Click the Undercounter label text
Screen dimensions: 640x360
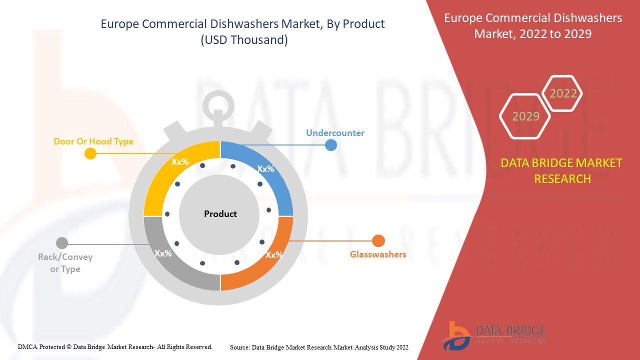pos(335,133)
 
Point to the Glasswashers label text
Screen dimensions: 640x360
pos(378,254)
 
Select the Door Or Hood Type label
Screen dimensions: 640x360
pos(93,141)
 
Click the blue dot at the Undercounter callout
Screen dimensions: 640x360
pos(331,145)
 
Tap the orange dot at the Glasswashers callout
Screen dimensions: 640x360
pos(378,241)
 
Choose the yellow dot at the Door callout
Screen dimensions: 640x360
pos(90,153)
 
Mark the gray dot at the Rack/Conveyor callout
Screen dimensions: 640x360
pos(62,243)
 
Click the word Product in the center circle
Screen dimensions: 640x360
pos(220,214)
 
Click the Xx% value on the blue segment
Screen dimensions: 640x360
pos(265,169)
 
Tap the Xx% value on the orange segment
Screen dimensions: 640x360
pos(274,255)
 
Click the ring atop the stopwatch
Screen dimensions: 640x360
pos(218,94)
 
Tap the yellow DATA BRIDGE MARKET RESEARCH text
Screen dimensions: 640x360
pos(561,171)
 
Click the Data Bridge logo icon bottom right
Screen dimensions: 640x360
pos(456,336)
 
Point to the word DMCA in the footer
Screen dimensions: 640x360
pos(27,347)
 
